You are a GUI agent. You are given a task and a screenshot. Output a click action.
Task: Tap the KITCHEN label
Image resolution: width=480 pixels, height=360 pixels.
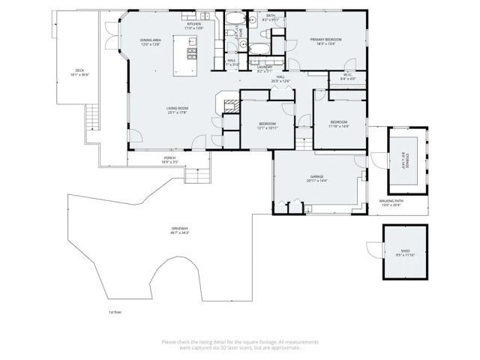click(194, 24)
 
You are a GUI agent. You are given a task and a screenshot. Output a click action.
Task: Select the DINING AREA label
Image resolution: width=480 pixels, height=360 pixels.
click(151, 40)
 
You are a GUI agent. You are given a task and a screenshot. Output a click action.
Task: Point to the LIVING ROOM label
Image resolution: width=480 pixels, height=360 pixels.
click(177, 109)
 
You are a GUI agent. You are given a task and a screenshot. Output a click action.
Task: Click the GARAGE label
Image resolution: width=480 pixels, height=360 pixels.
click(316, 177)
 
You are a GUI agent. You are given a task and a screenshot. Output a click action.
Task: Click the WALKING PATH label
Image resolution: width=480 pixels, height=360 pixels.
click(391, 201)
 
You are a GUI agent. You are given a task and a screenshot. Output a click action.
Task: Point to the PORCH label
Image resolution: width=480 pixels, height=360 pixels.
click(169, 158)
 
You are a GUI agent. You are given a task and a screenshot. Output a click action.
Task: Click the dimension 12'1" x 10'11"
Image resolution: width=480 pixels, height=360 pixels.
click(268, 128)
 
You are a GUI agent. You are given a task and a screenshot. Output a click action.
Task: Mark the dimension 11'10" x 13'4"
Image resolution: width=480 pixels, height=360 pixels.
click(339, 126)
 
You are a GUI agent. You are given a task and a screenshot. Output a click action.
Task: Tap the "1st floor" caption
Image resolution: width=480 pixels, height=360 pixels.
click(115, 311)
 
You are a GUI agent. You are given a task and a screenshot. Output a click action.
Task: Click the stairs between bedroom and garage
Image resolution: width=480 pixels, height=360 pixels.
click(304, 139)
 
